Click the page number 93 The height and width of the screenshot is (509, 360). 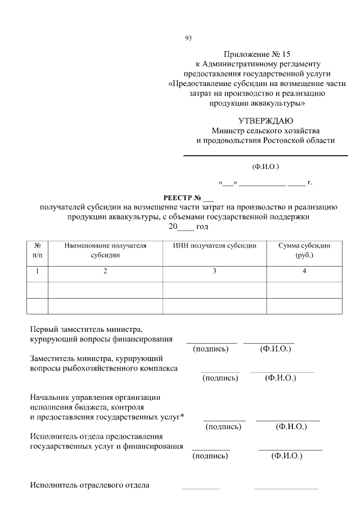point(188,38)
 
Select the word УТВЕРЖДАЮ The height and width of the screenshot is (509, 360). point(265,120)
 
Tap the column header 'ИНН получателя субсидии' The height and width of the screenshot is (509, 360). point(214,246)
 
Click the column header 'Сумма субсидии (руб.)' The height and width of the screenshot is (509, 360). point(304,250)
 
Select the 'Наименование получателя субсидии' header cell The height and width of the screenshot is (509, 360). point(105,250)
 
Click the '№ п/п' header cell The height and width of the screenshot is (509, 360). point(38,250)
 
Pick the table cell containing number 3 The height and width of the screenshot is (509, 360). point(214,272)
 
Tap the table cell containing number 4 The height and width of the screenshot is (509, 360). point(304,272)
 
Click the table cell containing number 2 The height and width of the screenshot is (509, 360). point(105,272)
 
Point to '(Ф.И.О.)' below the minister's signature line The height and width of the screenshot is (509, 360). point(265,166)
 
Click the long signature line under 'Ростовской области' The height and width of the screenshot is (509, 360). point(265,155)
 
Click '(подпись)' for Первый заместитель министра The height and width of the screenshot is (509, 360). point(210,349)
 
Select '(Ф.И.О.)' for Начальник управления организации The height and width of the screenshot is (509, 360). point(291,427)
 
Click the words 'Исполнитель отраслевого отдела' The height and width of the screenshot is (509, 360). point(89,485)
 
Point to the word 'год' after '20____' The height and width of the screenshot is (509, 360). point(202,227)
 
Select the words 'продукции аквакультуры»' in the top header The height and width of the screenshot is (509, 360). point(257,103)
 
